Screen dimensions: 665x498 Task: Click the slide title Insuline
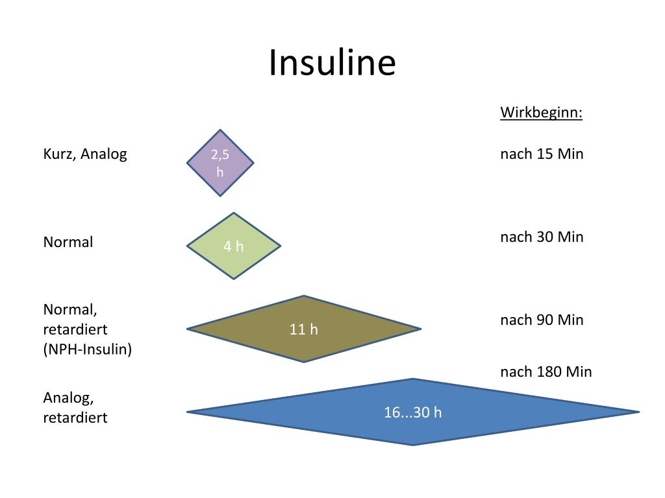(332, 63)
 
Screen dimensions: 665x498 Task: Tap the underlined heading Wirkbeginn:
(541, 112)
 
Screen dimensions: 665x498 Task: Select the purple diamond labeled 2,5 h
(220, 163)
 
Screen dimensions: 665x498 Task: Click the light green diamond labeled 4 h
(234, 246)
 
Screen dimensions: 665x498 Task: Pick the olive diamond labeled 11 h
(304, 329)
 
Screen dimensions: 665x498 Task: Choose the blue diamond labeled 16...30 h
(412, 412)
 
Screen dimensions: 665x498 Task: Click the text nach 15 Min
(542, 154)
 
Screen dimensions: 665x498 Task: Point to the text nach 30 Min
(542, 237)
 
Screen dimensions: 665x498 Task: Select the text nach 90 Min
(542, 320)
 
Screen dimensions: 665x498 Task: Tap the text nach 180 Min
(546, 372)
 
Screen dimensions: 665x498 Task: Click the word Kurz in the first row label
(59, 154)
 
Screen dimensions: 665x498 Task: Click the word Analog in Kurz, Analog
(103, 154)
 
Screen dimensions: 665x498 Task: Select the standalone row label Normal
(68, 243)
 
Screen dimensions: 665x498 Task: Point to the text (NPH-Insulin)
(88, 350)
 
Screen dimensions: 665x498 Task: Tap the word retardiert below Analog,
(75, 418)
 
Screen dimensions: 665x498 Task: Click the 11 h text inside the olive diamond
(304, 329)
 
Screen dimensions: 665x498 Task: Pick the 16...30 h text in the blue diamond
(412, 412)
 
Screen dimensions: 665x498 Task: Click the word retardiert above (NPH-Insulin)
(75, 329)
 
